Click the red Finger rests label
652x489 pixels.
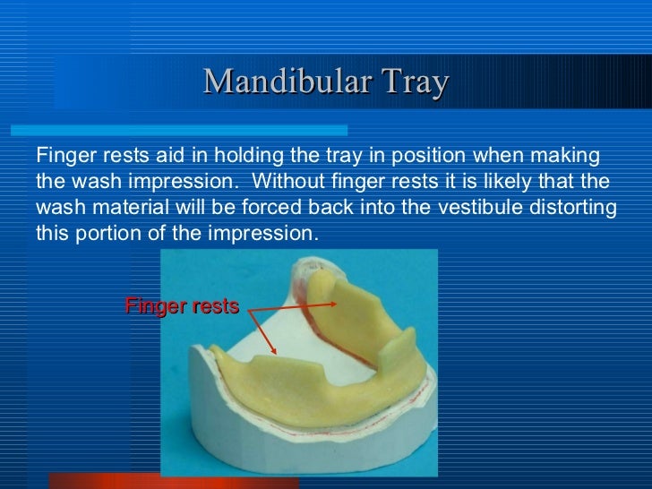[x=182, y=306]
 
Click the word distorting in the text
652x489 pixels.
[x=577, y=208]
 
